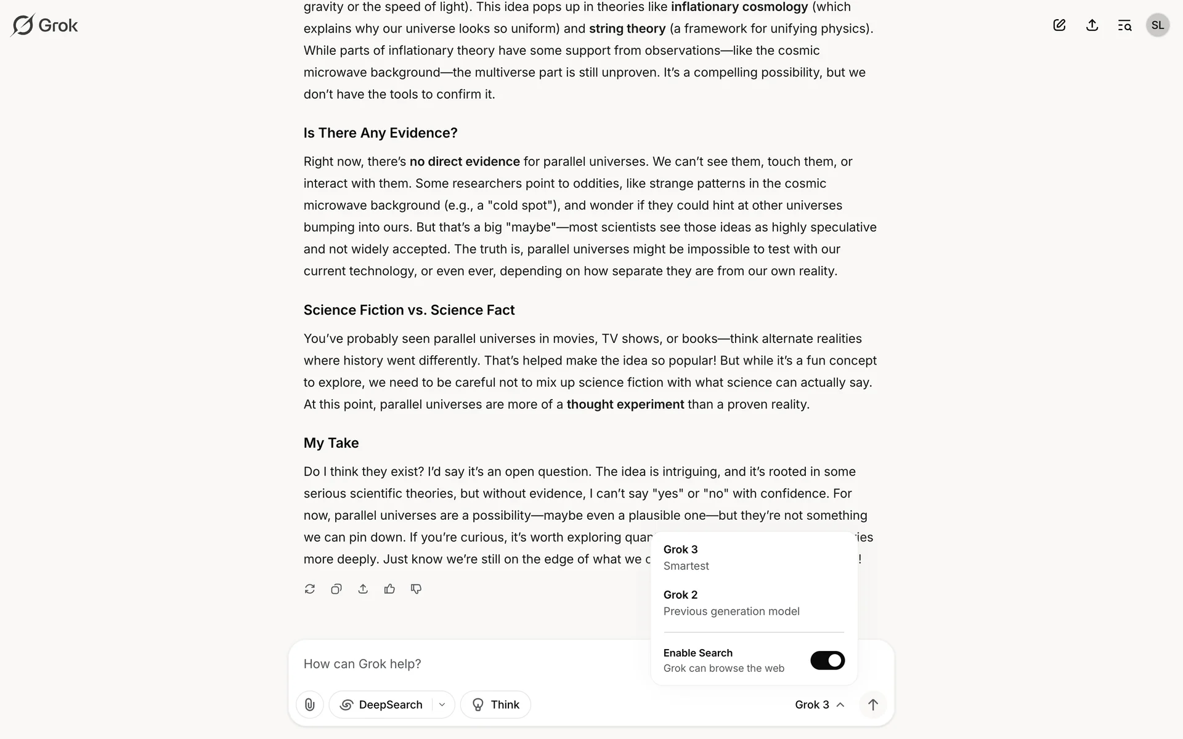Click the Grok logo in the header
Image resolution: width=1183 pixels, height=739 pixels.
[x=44, y=25]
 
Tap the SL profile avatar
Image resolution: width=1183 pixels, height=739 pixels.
[x=1157, y=25]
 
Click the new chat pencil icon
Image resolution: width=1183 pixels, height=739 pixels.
[x=1059, y=25]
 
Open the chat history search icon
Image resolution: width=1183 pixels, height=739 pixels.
[x=1124, y=25]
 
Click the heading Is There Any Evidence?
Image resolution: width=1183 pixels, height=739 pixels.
[x=380, y=133]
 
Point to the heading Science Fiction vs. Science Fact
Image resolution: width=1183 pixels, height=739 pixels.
[x=409, y=310]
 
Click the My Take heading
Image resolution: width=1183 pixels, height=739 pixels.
[x=331, y=443]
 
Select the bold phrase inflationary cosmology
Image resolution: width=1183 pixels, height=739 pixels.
[x=739, y=7]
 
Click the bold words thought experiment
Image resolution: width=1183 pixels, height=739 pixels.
[x=625, y=404]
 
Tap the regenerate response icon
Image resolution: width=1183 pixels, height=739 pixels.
[x=310, y=589]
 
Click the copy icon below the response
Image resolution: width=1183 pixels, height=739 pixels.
[x=336, y=589]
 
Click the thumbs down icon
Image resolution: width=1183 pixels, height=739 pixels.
[x=416, y=589]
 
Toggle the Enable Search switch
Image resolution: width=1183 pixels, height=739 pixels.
[x=827, y=660]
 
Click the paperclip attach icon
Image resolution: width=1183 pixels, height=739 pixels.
[x=310, y=705]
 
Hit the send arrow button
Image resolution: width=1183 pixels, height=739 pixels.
[x=872, y=705]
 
